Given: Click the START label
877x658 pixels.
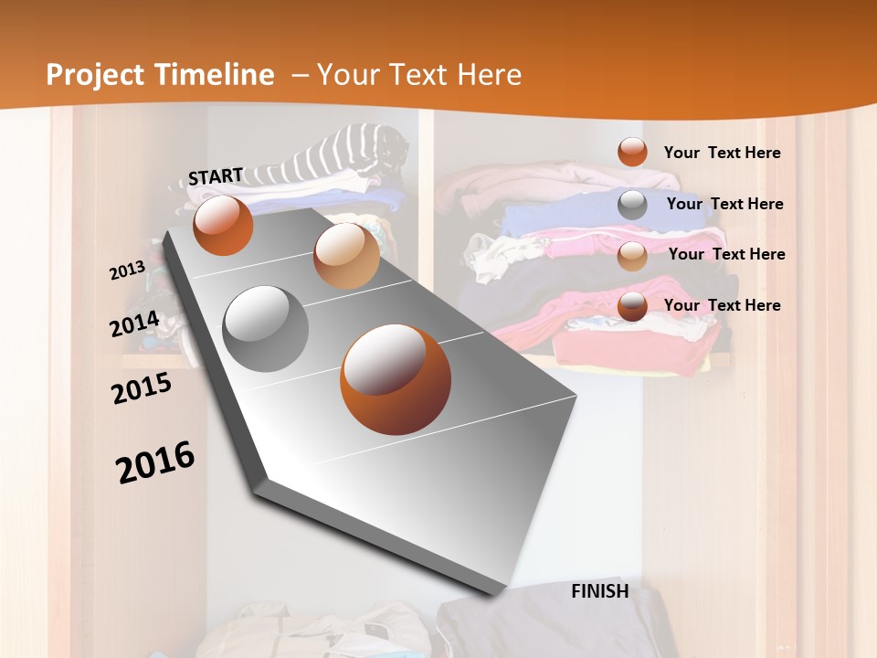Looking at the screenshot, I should (216, 176).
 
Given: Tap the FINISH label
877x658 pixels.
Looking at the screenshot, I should (600, 591).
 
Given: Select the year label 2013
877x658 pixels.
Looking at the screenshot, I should (127, 271).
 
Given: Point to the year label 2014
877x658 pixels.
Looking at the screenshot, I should (134, 324).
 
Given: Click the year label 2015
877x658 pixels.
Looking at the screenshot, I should (141, 388).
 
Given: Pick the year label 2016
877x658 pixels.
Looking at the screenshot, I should (155, 462).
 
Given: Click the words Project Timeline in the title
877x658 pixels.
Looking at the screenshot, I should (160, 75).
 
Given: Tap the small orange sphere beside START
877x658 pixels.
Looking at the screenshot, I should (223, 226).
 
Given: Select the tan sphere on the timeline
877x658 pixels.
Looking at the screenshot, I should (346, 255).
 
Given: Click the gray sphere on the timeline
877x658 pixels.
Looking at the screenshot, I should (266, 328).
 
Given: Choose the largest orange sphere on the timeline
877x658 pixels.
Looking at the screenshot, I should (396, 379).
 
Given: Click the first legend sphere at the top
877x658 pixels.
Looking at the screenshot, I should (632, 153).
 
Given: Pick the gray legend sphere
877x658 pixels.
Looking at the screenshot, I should (632, 205).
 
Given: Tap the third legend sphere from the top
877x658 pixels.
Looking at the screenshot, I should (632, 256).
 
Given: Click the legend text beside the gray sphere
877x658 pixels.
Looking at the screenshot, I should (724, 204).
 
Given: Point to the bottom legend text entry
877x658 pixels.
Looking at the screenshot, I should (722, 305).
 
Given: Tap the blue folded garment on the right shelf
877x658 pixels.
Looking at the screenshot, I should (548, 218).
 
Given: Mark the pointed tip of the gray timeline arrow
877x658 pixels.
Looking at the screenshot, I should (498, 592).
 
